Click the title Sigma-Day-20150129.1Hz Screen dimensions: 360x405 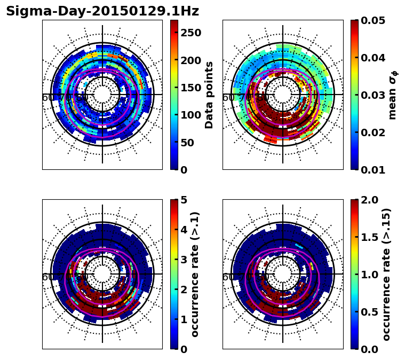click(102, 11)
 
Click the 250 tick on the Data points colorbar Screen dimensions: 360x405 click(190, 33)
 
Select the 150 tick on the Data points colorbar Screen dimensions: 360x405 click(190, 88)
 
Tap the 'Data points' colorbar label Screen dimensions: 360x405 click(209, 95)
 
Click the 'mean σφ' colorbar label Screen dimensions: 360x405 click(392, 95)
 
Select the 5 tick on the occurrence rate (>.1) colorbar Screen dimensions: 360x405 click(184, 200)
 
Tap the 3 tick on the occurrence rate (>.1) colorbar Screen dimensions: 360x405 click(184, 260)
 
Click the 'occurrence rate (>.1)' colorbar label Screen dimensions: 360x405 click(195, 274)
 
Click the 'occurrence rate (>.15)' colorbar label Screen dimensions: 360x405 click(386, 274)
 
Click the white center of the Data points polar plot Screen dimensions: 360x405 click(102, 95)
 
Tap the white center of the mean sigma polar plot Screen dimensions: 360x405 click(283, 95)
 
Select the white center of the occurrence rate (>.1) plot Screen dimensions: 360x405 click(102, 274)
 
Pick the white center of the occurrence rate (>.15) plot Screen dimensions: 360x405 click(283, 274)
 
